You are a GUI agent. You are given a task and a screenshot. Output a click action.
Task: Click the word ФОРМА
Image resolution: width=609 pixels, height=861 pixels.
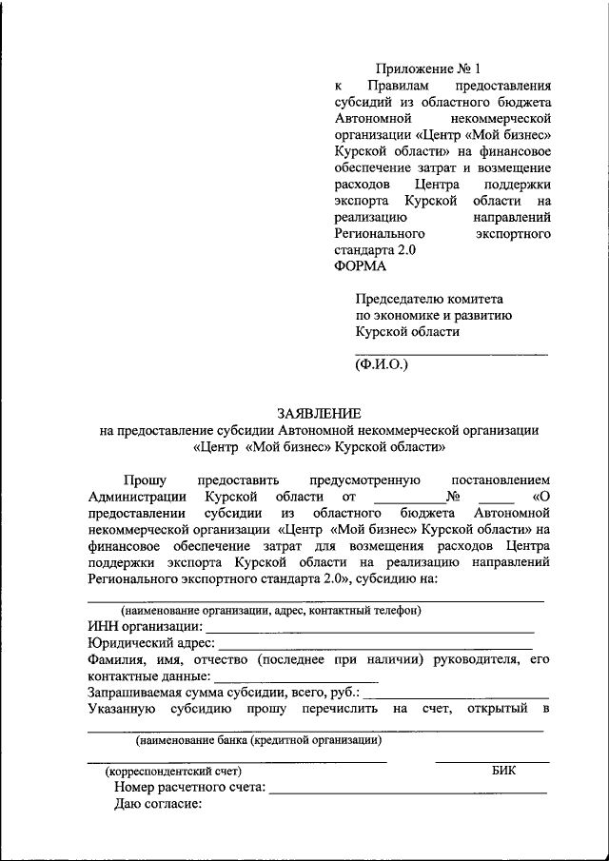(361, 267)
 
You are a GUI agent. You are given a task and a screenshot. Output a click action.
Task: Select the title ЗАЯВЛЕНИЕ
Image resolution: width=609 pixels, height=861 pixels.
(319, 414)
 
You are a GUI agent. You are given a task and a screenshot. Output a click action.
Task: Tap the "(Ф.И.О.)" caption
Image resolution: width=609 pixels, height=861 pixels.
(381, 362)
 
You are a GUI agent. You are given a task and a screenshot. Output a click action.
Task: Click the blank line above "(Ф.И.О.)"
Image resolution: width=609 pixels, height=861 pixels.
(451, 353)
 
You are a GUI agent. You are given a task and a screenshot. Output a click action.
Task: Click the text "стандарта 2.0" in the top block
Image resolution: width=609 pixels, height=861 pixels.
(375, 250)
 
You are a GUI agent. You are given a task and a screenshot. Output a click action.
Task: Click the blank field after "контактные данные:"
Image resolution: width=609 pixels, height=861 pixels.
(297, 679)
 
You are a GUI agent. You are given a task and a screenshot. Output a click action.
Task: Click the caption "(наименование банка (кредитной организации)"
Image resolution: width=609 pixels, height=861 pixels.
(259, 739)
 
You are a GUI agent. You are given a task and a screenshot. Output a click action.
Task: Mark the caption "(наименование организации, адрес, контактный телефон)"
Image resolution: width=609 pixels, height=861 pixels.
(270, 610)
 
